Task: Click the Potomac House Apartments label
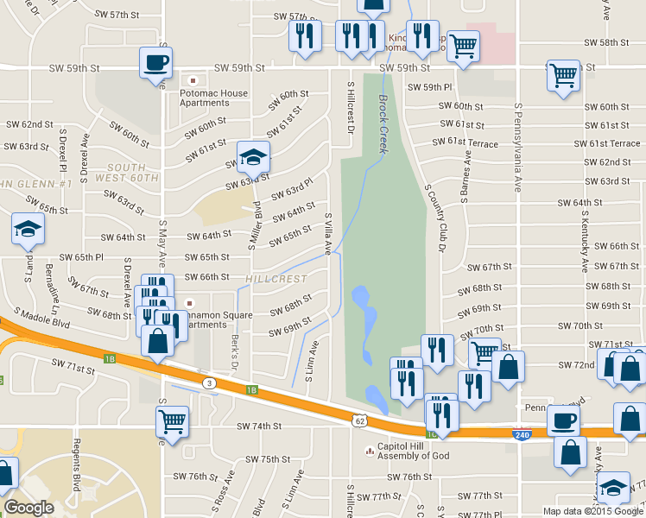[x=213, y=98]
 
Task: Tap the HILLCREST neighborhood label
[x=275, y=279]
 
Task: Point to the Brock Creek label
[x=382, y=124]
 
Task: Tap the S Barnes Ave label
[x=466, y=177]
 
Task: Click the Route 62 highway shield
[x=358, y=420]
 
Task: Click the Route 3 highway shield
[x=209, y=382]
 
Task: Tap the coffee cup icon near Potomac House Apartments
[x=156, y=63]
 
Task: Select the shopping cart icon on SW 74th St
[x=172, y=423]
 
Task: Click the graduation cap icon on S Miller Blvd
[x=253, y=158]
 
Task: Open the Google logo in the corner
[x=29, y=508]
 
